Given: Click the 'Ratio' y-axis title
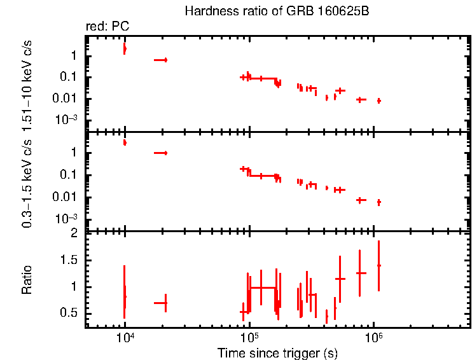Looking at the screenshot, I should [x=27, y=280].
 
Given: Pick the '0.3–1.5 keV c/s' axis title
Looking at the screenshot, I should [x=27, y=184].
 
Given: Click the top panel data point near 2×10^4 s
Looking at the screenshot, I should [x=165, y=60].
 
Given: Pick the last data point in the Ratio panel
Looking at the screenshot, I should [x=379, y=265].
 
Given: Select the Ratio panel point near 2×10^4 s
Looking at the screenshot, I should [x=165, y=303].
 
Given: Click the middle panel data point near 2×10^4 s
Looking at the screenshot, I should [x=165, y=153].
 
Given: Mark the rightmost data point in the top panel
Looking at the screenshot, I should [x=379, y=100].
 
